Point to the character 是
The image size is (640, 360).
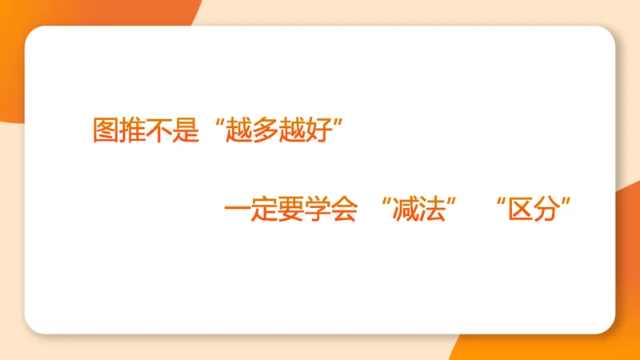coord(185,130)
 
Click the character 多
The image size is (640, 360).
coord(262,130)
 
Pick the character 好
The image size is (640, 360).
coord(314,130)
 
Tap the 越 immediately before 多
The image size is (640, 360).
coord(236,130)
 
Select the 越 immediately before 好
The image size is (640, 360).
coord(289,130)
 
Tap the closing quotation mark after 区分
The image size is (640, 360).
coord(570,203)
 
